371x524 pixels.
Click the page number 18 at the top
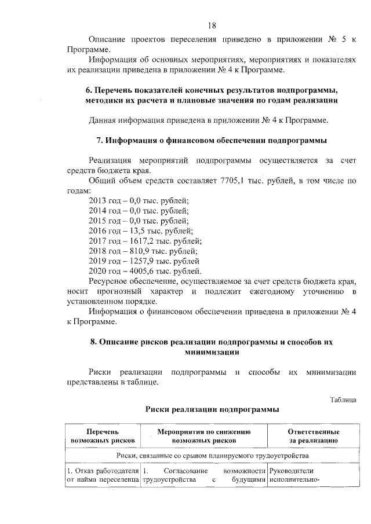click(x=212, y=25)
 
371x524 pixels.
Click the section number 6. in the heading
click(x=89, y=91)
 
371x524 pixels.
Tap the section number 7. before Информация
click(x=99, y=141)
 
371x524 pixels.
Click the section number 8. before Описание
click(x=94, y=342)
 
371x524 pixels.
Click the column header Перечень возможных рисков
click(x=102, y=436)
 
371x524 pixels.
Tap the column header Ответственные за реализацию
click(x=313, y=436)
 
